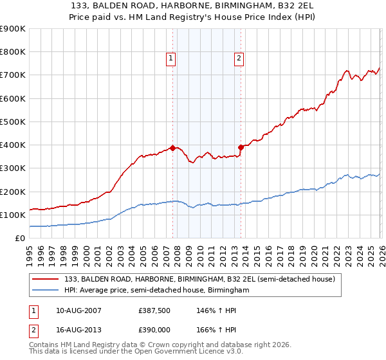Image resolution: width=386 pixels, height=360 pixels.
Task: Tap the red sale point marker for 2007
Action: point(172,148)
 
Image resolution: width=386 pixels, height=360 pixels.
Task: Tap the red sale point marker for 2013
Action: point(241,147)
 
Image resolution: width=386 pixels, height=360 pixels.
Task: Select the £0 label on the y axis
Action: point(20,238)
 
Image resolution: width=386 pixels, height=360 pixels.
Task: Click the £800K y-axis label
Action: point(13,52)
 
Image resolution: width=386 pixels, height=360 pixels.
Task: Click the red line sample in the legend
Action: point(46,280)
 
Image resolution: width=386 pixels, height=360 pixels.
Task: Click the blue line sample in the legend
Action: point(46,291)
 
